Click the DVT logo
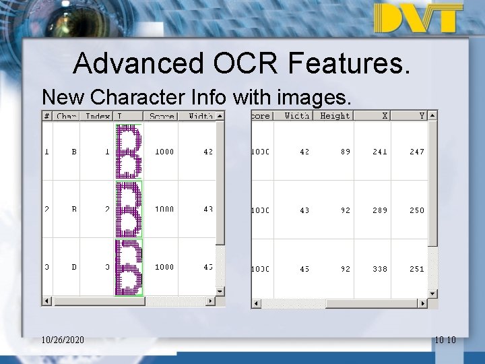pyautogui.click(x=418, y=18)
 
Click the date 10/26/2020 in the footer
pyautogui.click(x=62, y=340)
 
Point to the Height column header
pyautogui.click(x=335, y=116)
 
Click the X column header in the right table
pyautogui.click(x=384, y=116)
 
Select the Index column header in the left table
pyautogui.click(x=97, y=116)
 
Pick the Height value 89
pyautogui.click(x=345, y=152)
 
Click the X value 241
pyautogui.click(x=380, y=152)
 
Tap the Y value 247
pyautogui.click(x=417, y=152)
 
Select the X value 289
pyautogui.click(x=380, y=210)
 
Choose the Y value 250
pyautogui.click(x=417, y=210)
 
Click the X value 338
pyautogui.click(x=380, y=269)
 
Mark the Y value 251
pyautogui.click(x=417, y=269)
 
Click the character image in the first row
pyautogui.click(x=129, y=152)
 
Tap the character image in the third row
pyautogui.click(x=129, y=268)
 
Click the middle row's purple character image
pyautogui.click(x=129, y=210)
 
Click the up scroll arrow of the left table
pyautogui.click(x=220, y=115)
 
